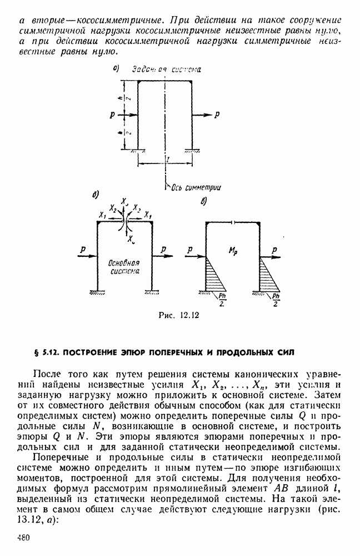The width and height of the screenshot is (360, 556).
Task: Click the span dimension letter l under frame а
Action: (166, 158)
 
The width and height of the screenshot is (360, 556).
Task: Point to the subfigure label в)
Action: (203, 201)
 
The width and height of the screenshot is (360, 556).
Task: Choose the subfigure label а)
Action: (117, 69)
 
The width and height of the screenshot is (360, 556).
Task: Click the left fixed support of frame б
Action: (98, 292)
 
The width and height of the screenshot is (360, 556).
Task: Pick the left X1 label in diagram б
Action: (102, 214)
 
